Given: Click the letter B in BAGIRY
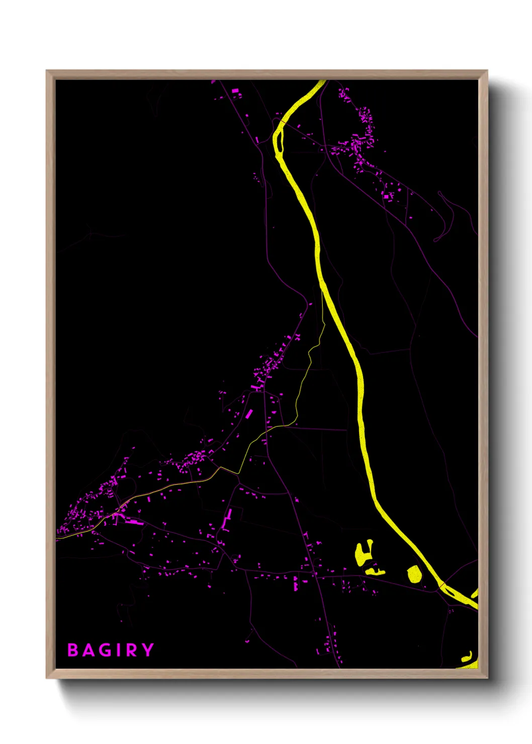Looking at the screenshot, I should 73,650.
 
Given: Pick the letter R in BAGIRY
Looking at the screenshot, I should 131,650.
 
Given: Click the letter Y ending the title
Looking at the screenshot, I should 147,650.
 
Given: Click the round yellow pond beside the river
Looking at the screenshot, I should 414,574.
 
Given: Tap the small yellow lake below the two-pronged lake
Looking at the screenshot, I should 375,571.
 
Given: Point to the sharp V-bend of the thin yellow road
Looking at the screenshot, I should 238,474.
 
